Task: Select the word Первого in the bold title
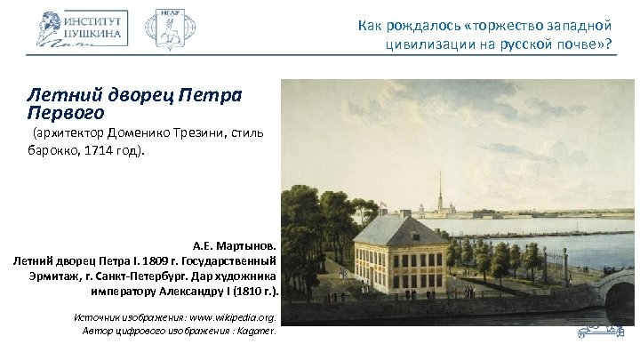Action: (x=66, y=113)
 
